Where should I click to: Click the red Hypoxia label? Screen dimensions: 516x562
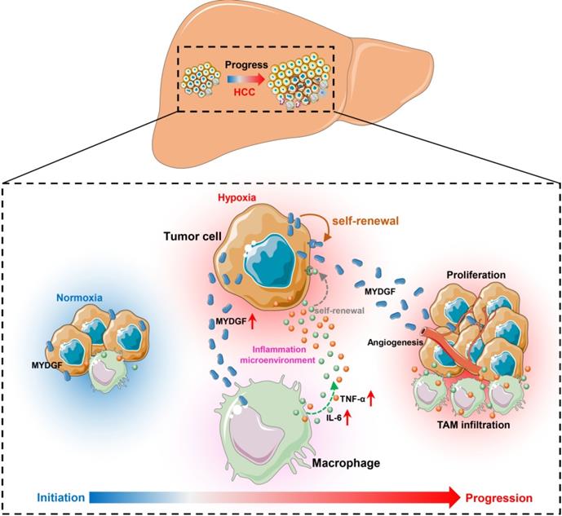(x=238, y=198)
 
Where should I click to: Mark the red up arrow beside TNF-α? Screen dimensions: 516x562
(x=372, y=399)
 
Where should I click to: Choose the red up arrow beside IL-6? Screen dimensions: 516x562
(x=347, y=418)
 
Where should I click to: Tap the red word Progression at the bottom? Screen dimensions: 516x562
(x=499, y=497)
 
